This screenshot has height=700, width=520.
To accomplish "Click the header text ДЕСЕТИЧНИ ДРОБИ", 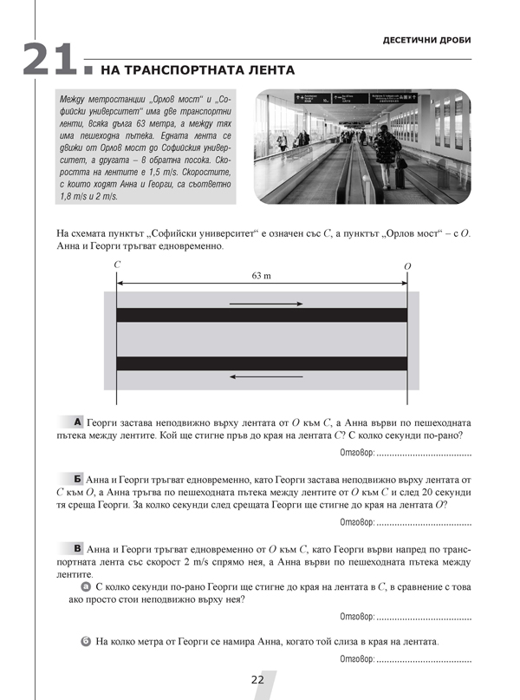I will pos(426,42).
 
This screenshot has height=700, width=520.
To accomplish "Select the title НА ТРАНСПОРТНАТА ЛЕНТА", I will pos(198,70).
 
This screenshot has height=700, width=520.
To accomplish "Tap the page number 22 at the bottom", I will pos(257,679).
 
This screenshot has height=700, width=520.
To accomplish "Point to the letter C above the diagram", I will pos(116,263).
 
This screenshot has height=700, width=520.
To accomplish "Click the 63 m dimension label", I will pos(261,275).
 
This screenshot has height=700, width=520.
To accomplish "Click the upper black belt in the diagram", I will pos(261,315).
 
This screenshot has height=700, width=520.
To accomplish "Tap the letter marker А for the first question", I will pos(78,421).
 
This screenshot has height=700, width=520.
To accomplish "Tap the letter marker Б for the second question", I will pos(78,478).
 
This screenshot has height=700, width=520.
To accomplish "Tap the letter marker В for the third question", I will pos(78,548).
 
